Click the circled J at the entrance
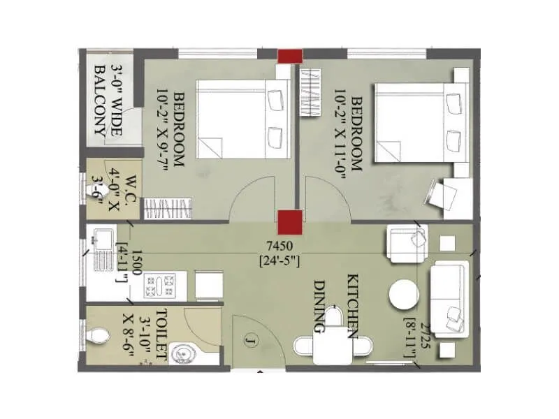249,341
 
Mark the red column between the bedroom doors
289,221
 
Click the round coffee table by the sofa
404,293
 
